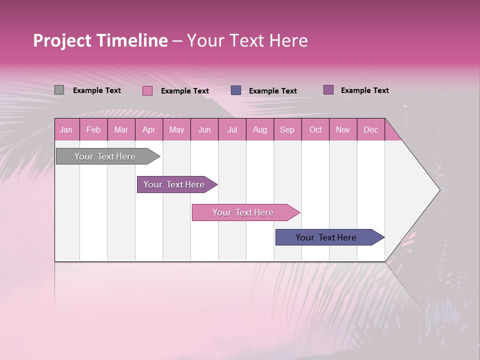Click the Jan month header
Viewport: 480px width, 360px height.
(x=66, y=130)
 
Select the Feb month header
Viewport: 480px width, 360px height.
(x=93, y=130)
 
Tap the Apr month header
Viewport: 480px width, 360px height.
(x=148, y=130)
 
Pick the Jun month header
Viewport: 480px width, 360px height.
(x=204, y=130)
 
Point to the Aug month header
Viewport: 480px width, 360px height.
(x=259, y=130)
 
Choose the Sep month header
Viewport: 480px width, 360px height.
(x=287, y=130)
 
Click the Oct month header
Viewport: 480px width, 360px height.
(x=315, y=130)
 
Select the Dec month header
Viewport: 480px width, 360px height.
(x=370, y=130)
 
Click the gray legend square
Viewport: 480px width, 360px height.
(x=59, y=90)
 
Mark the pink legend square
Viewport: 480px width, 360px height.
(x=147, y=90)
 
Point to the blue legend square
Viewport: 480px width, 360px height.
(x=236, y=90)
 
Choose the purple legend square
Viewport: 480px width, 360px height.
(x=328, y=90)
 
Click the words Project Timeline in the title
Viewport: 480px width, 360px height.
(x=100, y=40)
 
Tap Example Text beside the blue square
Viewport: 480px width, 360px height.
(x=272, y=91)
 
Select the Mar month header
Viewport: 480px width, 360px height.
(x=121, y=130)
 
